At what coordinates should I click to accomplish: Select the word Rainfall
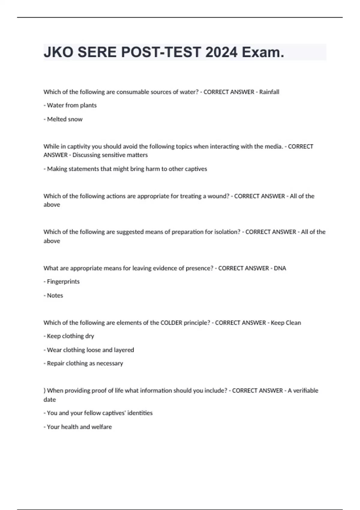269,92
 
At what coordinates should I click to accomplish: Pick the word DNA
280,268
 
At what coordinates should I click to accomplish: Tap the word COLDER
171,323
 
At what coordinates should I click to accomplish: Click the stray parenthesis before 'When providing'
45,391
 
